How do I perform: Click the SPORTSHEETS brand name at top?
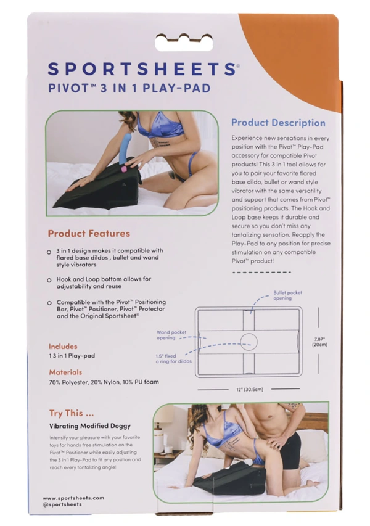pos(140,68)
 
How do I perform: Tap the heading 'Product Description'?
pos(277,123)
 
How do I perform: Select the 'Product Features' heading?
pos(89,234)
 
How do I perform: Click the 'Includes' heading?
pos(64,347)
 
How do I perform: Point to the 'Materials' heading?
pos(65,372)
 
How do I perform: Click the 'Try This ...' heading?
pos(71,413)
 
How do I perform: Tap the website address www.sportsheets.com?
pos(73,498)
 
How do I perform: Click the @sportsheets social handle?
pos(62,504)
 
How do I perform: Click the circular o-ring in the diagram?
pos(249,340)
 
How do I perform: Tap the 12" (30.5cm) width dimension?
pos(249,389)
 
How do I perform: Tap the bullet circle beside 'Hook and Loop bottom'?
pos(49,280)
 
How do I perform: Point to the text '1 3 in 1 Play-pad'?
pos(72,356)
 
